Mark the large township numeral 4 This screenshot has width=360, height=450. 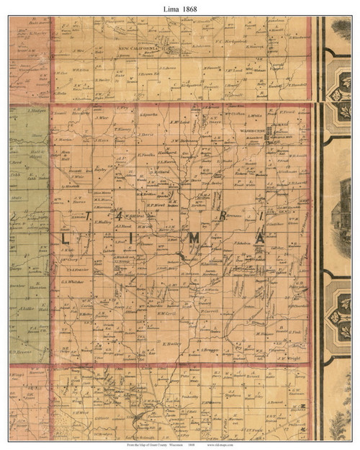(118, 216)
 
